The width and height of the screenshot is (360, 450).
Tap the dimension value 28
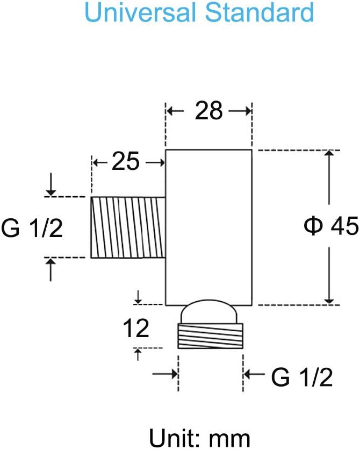(x=208, y=111)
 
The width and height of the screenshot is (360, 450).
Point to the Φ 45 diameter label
(x=332, y=226)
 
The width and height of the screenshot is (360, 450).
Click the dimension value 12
(x=136, y=328)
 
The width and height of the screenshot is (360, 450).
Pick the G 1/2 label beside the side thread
(x=32, y=227)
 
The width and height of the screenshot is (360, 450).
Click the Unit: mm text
(x=200, y=438)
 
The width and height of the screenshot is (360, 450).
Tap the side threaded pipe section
(x=128, y=227)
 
